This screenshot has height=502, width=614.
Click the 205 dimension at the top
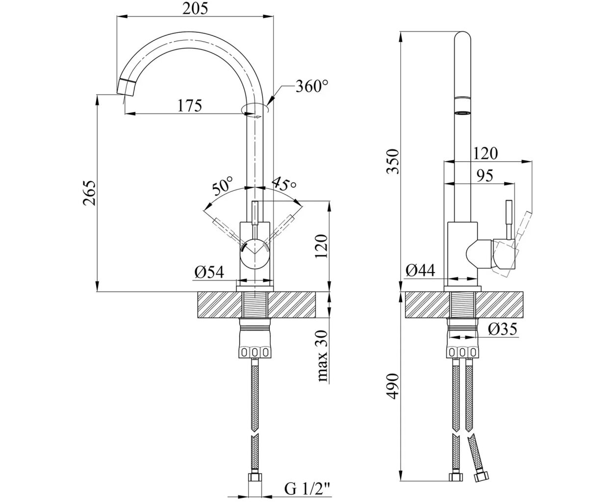click(x=196, y=8)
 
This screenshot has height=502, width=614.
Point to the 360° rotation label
click(x=311, y=87)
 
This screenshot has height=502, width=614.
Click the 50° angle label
click(x=222, y=187)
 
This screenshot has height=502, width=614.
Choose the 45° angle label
click(x=285, y=184)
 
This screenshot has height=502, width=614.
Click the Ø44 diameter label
click(x=421, y=271)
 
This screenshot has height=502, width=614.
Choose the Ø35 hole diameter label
click(x=503, y=329)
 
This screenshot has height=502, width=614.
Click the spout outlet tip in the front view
click(x=127, y=88)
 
